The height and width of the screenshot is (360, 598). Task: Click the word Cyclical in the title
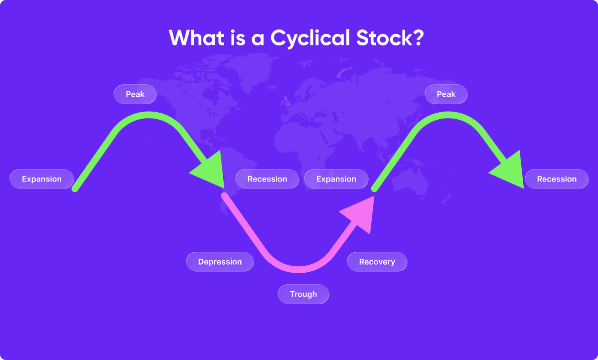[x=310, y=39]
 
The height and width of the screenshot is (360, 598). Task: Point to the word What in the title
[x=196, y=38]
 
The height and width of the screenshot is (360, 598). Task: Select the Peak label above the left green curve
[x=135, y=94]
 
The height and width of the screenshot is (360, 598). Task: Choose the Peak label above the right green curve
[x=446, y=94]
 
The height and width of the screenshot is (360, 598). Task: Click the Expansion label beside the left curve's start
[x=42, y=179]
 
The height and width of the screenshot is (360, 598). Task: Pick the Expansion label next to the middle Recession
[x=336, y=179]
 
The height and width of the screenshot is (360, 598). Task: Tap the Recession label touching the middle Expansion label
[x=267, y=179]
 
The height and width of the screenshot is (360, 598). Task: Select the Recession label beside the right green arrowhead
[x=557, y=179]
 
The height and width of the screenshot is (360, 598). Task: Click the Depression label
[x=220, y=262]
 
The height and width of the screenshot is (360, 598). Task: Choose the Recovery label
[x=377, y=262]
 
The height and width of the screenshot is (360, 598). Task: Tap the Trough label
[x=303, y=294]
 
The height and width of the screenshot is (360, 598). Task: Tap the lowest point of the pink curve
[x=299, y=270]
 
